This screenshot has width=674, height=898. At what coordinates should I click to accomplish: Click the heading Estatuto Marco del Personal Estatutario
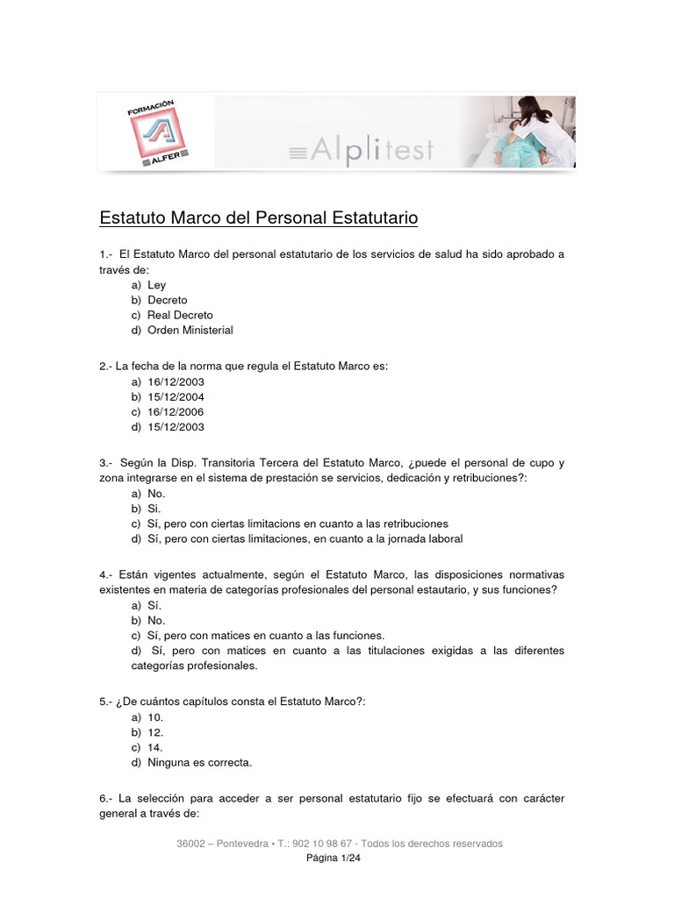tap(259, 217)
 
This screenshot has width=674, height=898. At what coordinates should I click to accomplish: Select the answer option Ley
tap(156, 285)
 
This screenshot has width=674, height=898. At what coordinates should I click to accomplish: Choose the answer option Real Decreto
tap(180, 315)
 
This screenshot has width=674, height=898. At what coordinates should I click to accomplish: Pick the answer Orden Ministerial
tap(190, 330)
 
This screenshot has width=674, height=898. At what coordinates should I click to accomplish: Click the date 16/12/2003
tap(176, 382)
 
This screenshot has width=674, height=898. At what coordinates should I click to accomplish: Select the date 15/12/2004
tap(176, 397)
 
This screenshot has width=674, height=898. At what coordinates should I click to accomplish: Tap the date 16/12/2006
tap(176, 412)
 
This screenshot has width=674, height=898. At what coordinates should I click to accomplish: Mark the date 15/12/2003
tap(176, 427)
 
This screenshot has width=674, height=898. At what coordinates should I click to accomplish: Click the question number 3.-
tap(107, 463)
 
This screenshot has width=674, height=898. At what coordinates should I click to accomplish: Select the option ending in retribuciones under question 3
tap(298, 524)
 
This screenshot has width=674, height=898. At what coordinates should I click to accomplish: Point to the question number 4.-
tap(107, 575)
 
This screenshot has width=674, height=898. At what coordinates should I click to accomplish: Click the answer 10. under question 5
tap(155, 717)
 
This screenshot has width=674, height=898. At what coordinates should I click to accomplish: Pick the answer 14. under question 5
tap(155, 747)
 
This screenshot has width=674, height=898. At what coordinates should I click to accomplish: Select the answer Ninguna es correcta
tap(199, 762)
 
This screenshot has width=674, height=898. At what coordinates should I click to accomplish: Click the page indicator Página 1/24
tap(333, 859)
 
